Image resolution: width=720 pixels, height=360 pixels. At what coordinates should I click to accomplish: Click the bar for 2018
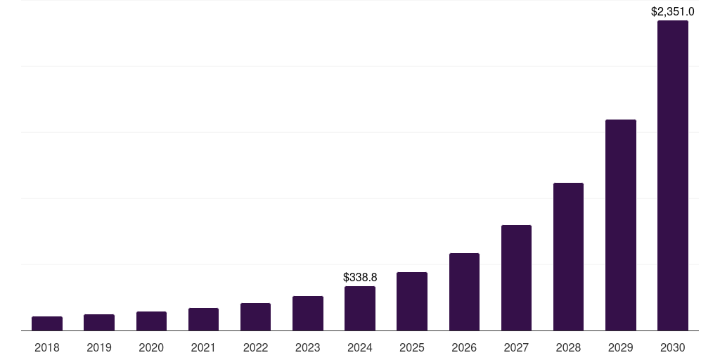click(x=47, y=323)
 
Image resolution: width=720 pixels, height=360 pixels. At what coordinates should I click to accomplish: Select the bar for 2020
click(x=151, y=321)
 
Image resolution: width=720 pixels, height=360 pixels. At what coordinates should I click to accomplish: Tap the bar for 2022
click(x=255, y=317)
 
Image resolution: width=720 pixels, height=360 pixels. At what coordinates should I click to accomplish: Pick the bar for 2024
click(x=360, y=309)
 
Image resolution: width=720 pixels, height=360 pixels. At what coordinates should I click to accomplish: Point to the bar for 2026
click(x=464, y=292)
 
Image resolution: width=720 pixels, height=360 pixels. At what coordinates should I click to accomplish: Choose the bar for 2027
click(x=516, y=278)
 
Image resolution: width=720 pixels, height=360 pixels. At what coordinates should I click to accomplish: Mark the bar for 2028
click(x=568, y=257)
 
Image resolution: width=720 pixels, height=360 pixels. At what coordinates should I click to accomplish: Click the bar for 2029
click(x=621, y=225)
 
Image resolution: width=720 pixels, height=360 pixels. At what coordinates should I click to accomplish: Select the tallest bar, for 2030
click(x=673, y=176)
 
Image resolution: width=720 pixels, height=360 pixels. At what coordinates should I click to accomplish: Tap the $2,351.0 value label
click(x=673, y=11)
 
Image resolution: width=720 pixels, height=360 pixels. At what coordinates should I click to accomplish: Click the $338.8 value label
click(x=360, y=278)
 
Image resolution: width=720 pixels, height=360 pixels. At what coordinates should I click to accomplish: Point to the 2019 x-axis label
click(x=99, y=347)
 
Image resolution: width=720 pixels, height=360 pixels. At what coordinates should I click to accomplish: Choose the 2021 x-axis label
click(x=203, y=347)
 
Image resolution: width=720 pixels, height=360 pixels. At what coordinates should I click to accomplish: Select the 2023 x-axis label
click(x=308, y=347)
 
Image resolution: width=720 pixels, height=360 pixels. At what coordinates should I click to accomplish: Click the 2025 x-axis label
click(x=412, y=347)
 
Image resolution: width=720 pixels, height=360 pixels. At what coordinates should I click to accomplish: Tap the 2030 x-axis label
click(x=673, y=347)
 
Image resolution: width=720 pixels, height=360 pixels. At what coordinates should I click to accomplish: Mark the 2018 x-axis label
click(x=47, y=347)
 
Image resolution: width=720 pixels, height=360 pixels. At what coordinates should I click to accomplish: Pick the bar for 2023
click(x=308, y=314)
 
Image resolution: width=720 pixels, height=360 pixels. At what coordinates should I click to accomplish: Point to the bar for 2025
click(x=412, y=302)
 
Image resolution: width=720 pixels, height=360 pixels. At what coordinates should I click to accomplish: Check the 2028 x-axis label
click(x=568, y=347)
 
